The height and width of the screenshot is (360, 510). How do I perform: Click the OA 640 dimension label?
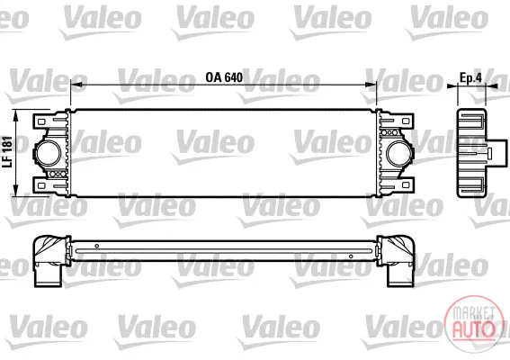point(224,77)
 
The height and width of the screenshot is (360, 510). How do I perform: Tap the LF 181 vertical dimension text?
point(7,152)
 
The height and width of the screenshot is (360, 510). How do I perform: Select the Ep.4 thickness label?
point(470,77)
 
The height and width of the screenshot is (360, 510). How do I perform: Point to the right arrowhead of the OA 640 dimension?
point(371,85)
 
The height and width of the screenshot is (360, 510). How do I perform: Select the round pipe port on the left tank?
point(49,153)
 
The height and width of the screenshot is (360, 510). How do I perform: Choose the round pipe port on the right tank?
point(399,153)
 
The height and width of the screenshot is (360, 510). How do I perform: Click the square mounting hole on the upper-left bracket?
point(41,121)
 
